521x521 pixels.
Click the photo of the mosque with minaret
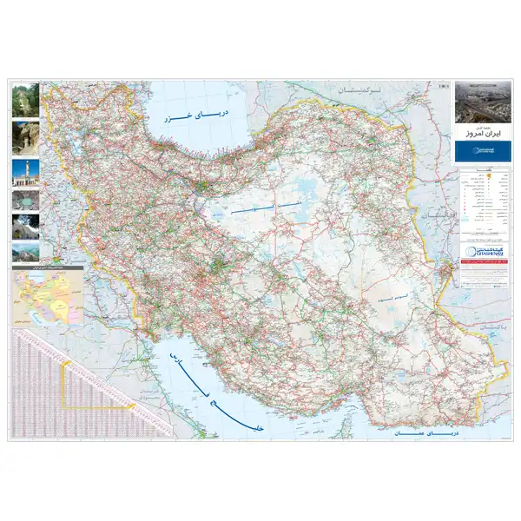23,172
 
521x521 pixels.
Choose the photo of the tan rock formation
23,137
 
